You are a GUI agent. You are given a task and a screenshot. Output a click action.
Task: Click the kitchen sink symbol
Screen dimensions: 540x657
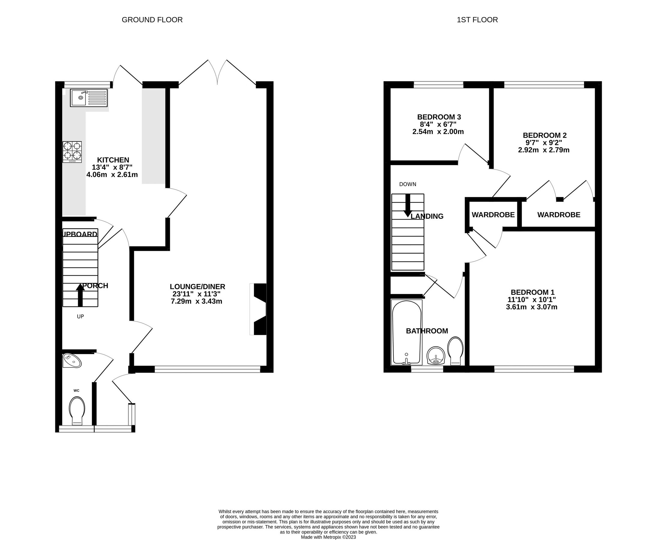pyautogui.click(x=89, y=98)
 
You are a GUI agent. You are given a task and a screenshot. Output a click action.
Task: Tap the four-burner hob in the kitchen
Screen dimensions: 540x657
pyautogui.click(x=72, y=151)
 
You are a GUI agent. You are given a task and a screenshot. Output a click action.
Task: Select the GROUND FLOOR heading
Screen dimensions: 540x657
pyautogui.click(x=152, y=20)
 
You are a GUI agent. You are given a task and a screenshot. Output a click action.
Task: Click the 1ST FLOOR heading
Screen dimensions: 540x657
pyautogui.click(x=477, y=20)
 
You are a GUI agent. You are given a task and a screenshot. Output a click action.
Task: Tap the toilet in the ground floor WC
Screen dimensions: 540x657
pyautogui.click(x=77, y=411)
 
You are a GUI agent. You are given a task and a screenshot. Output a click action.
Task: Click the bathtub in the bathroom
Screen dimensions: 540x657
pyautogui.click(x=406, y=332)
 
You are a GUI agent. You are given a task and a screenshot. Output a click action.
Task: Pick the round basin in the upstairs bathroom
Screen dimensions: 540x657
pyautogui.click(x=436, y=355)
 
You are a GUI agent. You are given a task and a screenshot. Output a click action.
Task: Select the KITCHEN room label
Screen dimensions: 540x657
pyautogui.click(x=113, y=160)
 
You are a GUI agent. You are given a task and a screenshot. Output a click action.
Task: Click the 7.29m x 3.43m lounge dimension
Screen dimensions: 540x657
pyautogui.click(x=196, y=301)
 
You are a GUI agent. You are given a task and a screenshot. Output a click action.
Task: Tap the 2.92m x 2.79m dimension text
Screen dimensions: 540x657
pyautogui.click(x=544, y=150)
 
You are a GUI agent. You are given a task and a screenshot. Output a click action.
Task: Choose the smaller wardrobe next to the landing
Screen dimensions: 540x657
pyautogui.click(x=493, y=214)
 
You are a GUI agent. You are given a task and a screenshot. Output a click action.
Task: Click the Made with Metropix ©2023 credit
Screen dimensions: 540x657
pyautogui.click(x=328, y=537)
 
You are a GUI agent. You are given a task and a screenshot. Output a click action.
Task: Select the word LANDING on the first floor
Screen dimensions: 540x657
pyautogui.click(x=427, y=216)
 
